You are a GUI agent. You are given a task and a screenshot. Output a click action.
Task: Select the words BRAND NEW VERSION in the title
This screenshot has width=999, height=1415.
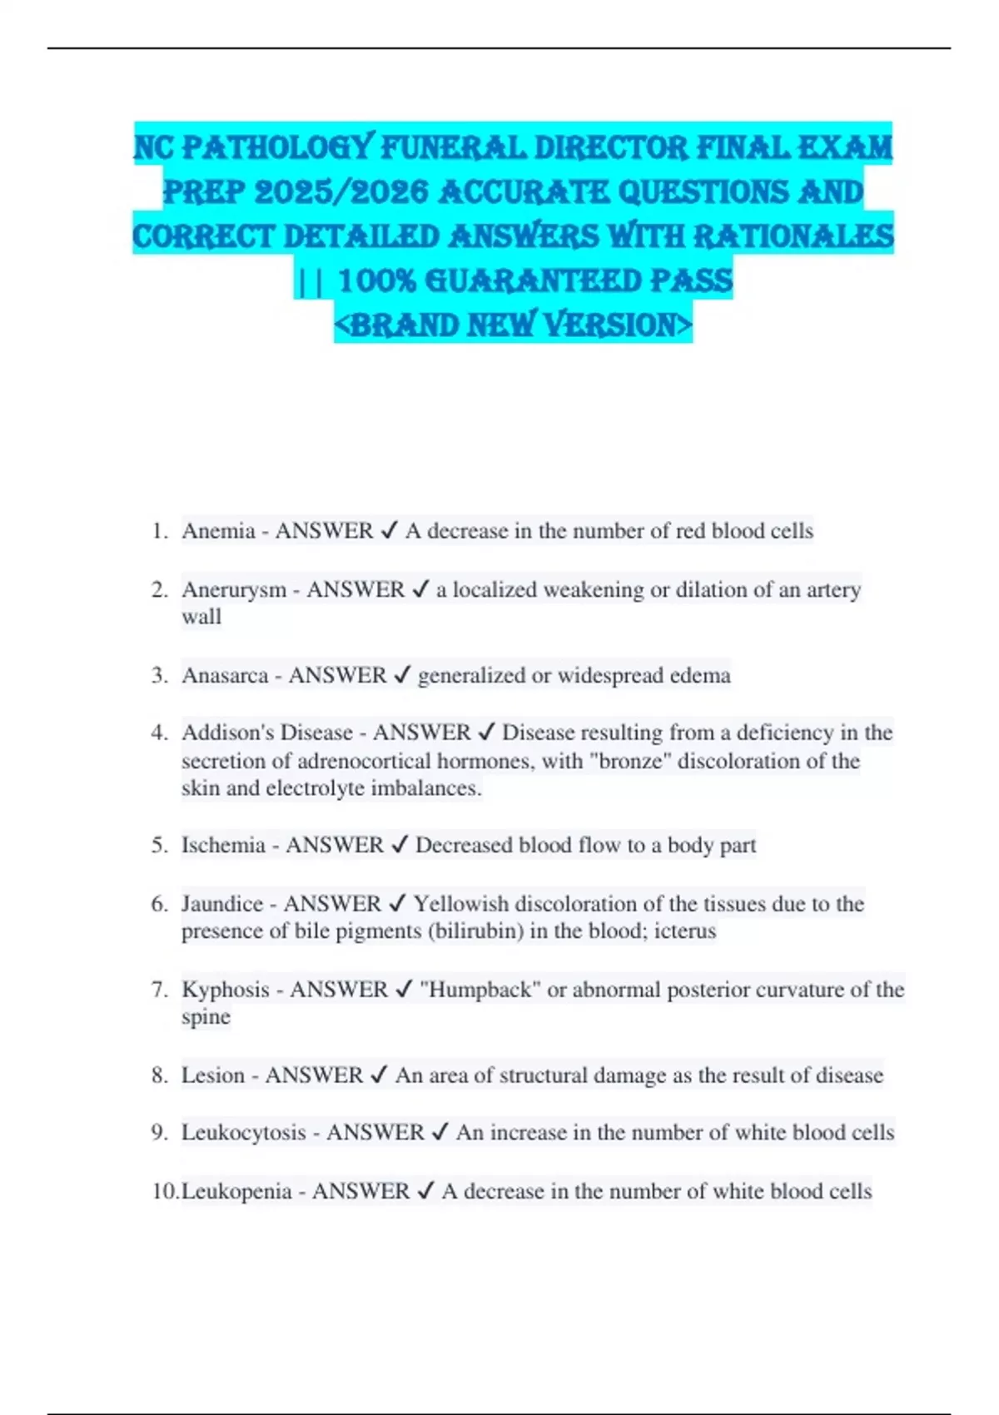513,325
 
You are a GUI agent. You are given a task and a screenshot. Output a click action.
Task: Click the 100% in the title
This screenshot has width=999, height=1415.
377,281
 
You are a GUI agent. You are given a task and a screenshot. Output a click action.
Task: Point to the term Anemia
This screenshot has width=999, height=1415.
218,531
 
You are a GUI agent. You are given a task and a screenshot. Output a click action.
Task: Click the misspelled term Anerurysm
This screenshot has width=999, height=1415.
234,590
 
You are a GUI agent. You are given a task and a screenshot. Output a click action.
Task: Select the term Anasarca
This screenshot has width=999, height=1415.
225,675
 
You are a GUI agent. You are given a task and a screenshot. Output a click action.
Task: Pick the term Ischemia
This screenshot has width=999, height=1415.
223,846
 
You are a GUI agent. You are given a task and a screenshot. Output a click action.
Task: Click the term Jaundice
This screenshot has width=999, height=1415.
222,904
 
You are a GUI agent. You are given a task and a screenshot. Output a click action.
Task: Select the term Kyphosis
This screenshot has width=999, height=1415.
226,990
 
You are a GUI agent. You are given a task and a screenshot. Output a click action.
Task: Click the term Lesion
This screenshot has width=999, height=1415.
213,1075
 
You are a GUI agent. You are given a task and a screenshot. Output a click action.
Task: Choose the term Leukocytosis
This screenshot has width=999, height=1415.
244,1133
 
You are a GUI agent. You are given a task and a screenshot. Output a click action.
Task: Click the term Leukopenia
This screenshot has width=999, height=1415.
236,1192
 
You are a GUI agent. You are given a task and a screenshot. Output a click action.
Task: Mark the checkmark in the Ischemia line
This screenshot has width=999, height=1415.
399,846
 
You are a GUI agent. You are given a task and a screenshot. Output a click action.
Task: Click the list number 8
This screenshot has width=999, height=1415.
160,1075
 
